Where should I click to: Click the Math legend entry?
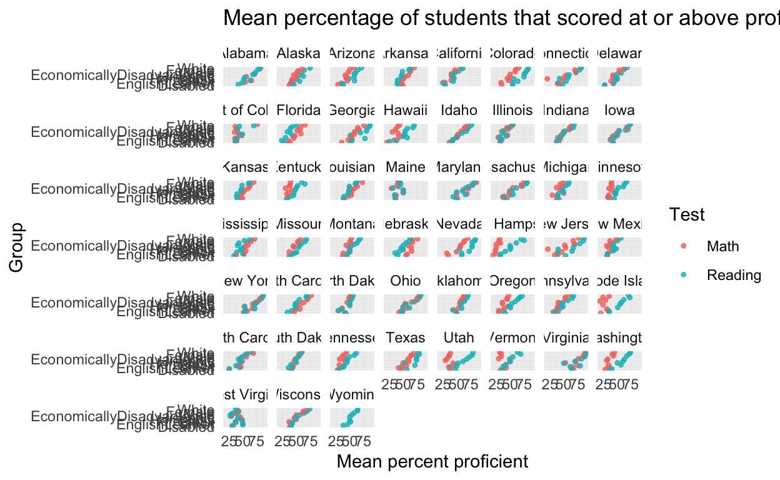(722, 246)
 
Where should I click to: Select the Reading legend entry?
(733, 275)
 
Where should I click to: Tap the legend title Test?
(687, 215)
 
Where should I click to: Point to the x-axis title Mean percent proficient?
(432, 462)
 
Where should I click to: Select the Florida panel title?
(299, 111)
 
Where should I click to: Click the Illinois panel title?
(512, 111)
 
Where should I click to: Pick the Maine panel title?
(406, 167)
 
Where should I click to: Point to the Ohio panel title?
(406, 281)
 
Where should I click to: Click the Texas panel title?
(406, 338)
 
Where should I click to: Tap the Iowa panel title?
(619, 111)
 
